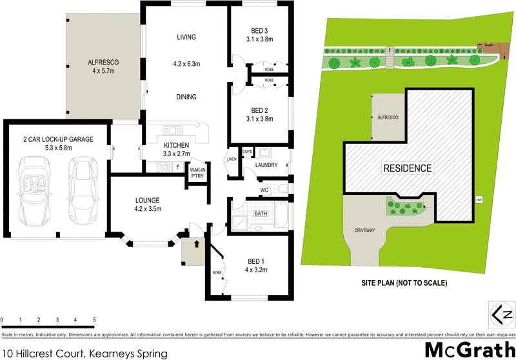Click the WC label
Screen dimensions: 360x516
(264, 190)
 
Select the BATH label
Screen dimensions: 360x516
(261, 213)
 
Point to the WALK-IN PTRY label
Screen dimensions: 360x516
(197, 174)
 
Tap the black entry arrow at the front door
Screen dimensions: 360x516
(197, 243)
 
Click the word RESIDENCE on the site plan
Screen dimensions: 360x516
(407, 168)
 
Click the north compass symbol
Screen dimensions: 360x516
(502, 314)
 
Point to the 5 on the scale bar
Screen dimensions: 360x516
(94, 320)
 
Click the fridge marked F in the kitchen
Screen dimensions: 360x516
(177, 167)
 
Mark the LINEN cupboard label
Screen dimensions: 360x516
(232, 159)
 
